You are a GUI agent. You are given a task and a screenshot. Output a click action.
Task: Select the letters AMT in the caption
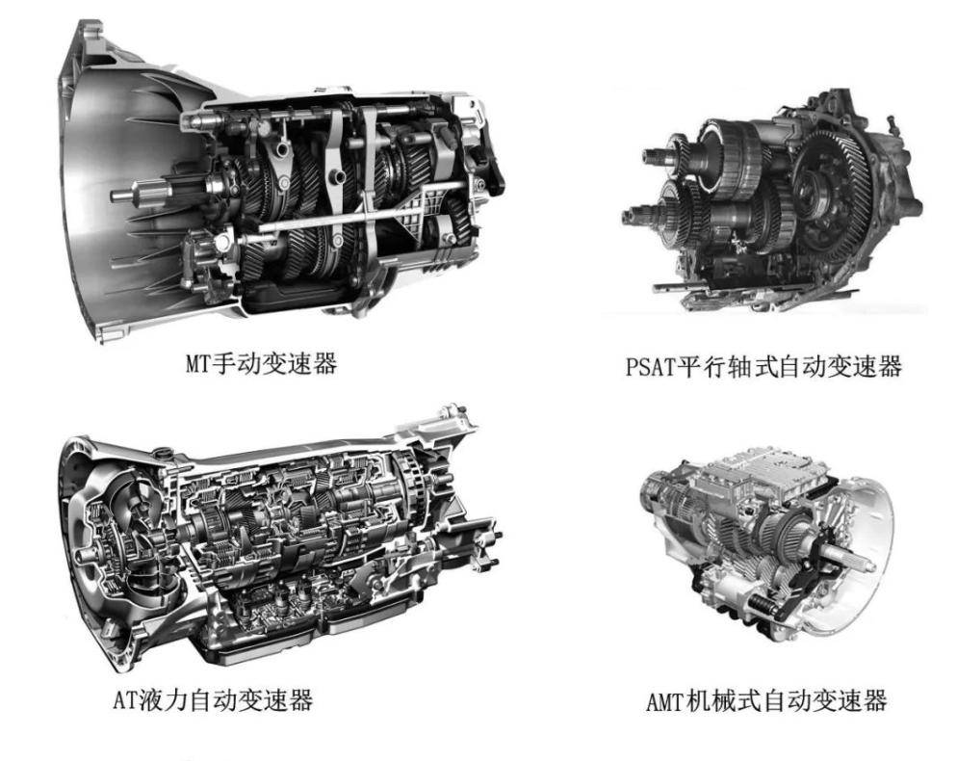point(667,700)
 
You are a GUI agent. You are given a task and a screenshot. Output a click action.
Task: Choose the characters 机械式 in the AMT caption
point(725,700)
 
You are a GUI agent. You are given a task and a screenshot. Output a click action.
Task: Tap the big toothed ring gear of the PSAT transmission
point(836,197)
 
